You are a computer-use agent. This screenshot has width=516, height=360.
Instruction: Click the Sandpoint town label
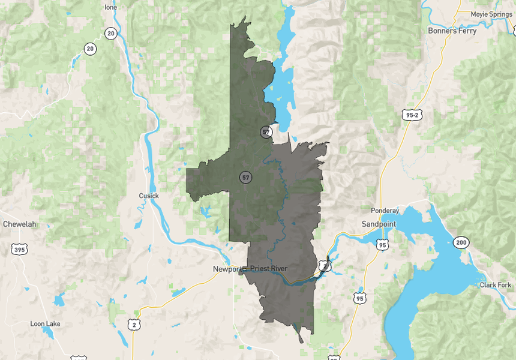pyautogui.click(x=379, y=224)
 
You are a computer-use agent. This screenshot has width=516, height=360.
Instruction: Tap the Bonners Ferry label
pyautogui.click(x=452, y=31)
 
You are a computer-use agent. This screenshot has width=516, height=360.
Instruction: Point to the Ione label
pyautogui.click(x=110, y=7)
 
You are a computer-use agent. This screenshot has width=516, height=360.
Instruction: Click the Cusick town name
pyautogui.click(x=149, y=196)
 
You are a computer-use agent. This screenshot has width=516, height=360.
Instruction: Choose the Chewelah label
pyautogui.click(x=20, y=224)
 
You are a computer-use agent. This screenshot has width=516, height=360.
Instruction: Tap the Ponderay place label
pyautogui.click(x=385, y=211)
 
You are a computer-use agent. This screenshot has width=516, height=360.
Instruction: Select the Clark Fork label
pyautogui.click(x=496, y=284)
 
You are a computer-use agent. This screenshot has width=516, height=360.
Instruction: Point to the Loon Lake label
pyautogui.click(x=45, y=323)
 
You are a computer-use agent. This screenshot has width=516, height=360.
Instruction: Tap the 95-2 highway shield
pyautogui.click(x=410, y=115)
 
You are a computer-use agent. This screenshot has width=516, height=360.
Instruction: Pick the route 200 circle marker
pyautogui.click(x=461, y=242)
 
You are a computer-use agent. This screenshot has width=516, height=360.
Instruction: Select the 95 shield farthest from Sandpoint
pyautogui.click(x=359, y=298)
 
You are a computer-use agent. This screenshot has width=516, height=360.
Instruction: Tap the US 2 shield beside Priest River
pyautogui.click(x=324, y=265)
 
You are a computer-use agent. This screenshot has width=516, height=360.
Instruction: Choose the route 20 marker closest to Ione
pyautogui.click(x=110, y=34)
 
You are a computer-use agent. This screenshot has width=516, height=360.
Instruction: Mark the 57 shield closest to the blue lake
pyautogui.click(x=266, y=132)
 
